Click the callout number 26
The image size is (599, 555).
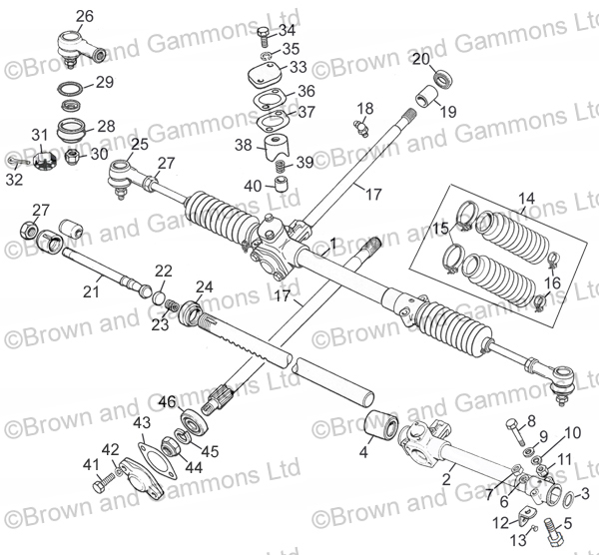coord(84,15)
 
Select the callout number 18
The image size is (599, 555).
coord(365,108)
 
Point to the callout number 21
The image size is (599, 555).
coord(91,291)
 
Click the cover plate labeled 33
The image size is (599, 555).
coord(264,80)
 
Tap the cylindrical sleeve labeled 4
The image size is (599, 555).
coord(382,425)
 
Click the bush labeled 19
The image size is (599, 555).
coord(428,99)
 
